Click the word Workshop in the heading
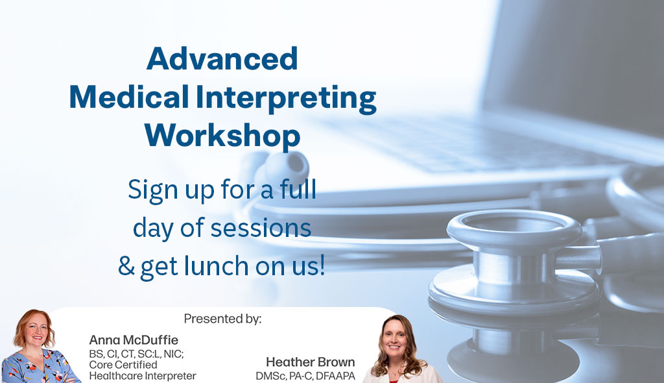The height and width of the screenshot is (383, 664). tap(222, 136)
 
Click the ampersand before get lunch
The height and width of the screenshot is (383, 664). tap(126, 266)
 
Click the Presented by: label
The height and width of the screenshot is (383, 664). tap(222, 319)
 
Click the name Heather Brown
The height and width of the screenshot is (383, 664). tap(310, 362)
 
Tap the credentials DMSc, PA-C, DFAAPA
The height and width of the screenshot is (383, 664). tap(305, 376)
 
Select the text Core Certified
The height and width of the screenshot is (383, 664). tap(123, 365)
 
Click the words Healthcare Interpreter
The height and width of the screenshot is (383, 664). tap(142, 376)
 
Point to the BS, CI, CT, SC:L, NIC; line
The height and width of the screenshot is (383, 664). tap(136, 354)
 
